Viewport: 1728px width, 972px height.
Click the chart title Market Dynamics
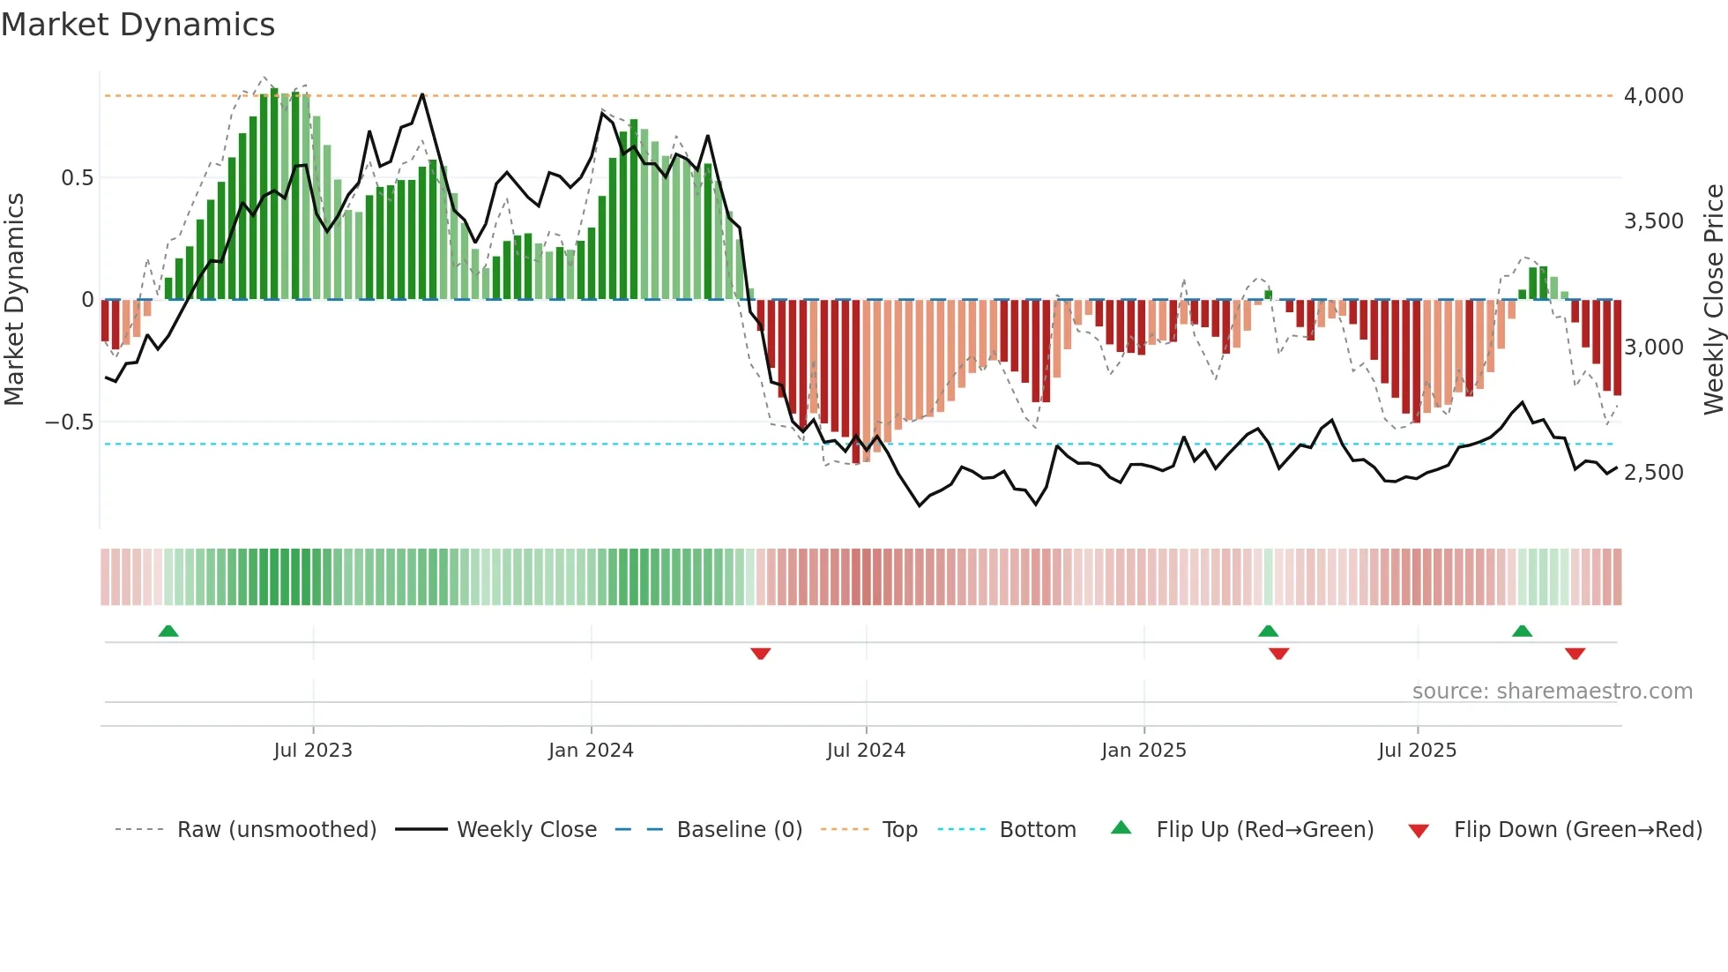click(x=138, y=25)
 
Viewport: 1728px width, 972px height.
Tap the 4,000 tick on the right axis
click(x=1653, y=95)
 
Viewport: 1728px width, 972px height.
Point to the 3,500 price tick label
click(x=1653, y=221)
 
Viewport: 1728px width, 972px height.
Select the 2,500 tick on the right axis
click(x=1653, y=472)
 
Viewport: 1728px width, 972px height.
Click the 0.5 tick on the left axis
click(x=77, y=177)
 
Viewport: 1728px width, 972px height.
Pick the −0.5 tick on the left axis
click(x=69, y=422)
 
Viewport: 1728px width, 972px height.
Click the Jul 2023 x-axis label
click(x=312, y=750)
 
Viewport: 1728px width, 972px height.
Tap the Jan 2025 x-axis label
click(x=1143, y=750)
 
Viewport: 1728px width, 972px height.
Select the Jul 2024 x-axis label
click(x=866, y=750)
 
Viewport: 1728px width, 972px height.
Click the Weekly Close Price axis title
click(x=1713, y=299)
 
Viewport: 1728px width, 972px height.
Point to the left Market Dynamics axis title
click(x=14, y=299)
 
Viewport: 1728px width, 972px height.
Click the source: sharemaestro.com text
click(x=1552, y=691)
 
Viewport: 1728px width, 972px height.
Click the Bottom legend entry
click(x=1037, y=829)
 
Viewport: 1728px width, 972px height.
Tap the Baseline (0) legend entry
click(x=739, y=829)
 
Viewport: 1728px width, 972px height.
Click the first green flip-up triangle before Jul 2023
click(x=168, y=631)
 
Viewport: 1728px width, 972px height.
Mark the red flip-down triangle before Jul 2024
click(x=761, y=654)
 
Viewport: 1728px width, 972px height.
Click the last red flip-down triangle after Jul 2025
click(x=1575, y=654)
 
